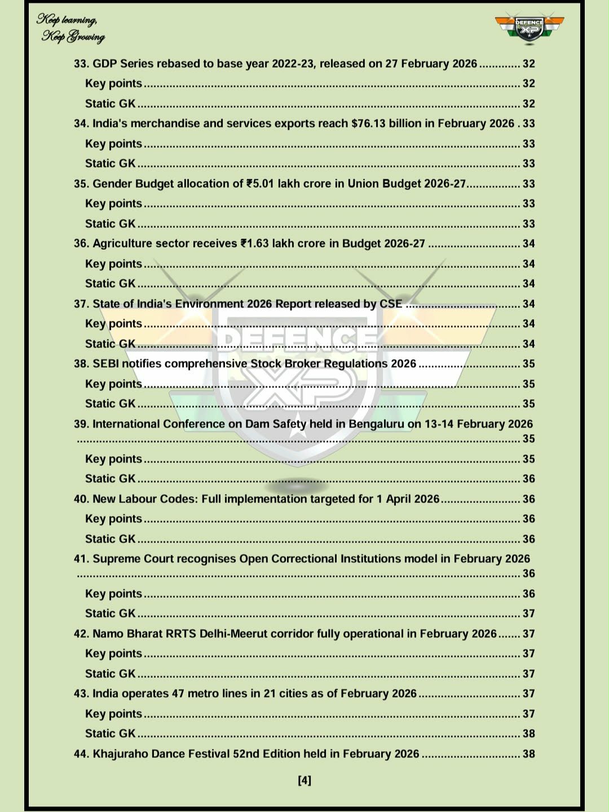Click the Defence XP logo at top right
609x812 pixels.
[x=529, y=27]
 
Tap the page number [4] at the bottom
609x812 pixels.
[x=304, y=780]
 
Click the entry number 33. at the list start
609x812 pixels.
[x=82, y=64]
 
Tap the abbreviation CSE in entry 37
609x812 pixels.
[x=391, y=304]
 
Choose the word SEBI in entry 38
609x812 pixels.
[x=106, y=364]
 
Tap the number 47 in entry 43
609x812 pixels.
[x=178, y=694]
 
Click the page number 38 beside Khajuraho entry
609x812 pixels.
[x=528, y=754]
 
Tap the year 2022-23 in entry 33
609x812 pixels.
[x=293, y=64]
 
